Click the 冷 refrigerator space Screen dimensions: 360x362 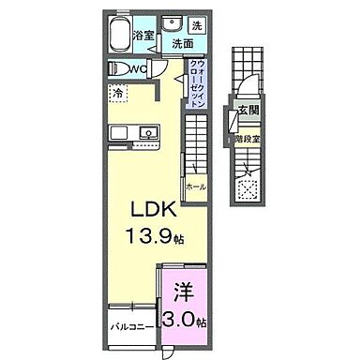tap(119, 93)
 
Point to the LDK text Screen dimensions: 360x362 tap(144, 207)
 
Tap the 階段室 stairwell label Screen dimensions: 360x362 tap(247, 137)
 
